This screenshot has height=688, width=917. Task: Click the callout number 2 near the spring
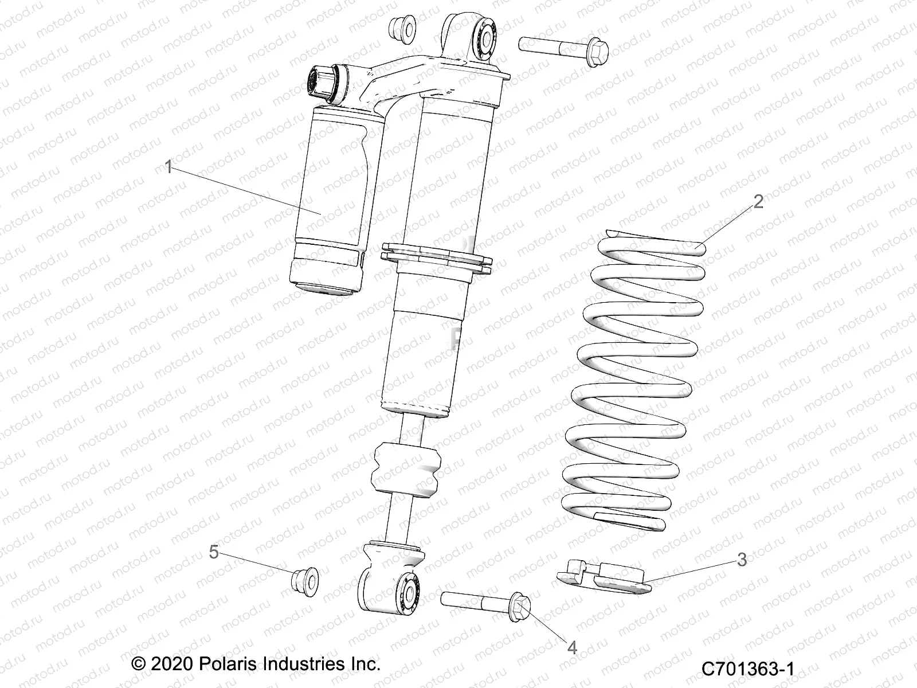pyautogui.click(x=758, y=201)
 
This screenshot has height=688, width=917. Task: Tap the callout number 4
pyautogui.click(x=571, y=647)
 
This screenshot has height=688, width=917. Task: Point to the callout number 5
pyautogui.click(x=213, y=552)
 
